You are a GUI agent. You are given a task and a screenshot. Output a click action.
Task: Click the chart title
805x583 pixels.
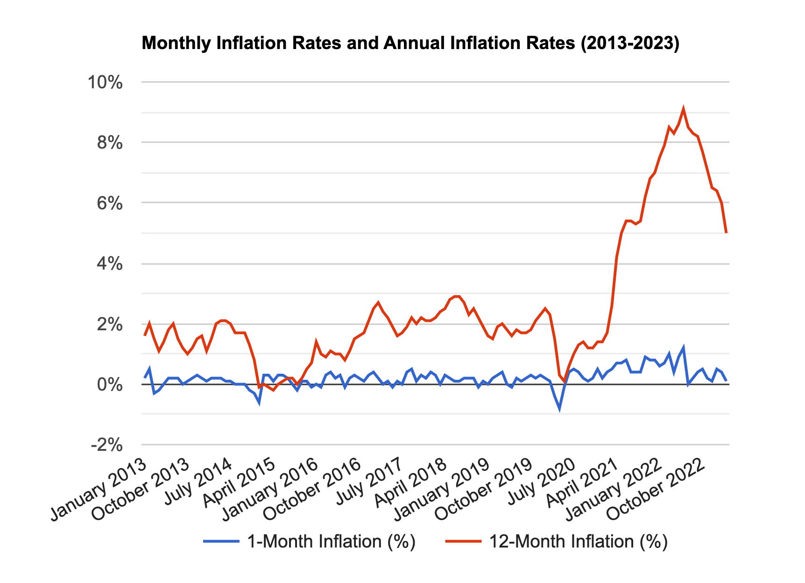click(x=410, y=43)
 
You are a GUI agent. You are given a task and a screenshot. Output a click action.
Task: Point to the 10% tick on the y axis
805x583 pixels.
click(x=106, y=83)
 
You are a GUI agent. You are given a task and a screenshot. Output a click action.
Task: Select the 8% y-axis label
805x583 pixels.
click(x=110, y=143)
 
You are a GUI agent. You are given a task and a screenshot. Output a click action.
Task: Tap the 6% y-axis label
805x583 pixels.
click(x=110, y=203)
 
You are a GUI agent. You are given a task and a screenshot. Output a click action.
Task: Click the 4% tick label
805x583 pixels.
click(x=110, y=264)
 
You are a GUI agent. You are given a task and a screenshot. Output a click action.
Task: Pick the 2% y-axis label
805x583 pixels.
click(x=110, y=324)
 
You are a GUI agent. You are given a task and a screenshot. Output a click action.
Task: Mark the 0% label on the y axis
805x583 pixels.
click(x=110, y=384)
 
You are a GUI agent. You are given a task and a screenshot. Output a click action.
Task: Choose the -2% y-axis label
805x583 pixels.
click(x=107, y=445)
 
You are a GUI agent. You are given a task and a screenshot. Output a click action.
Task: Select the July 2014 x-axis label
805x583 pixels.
click(x=198, y=481)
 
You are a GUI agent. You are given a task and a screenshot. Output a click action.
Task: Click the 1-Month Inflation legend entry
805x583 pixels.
click(x=309, y=542)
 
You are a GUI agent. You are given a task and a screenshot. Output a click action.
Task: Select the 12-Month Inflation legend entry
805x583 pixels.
click(x=556, y=542)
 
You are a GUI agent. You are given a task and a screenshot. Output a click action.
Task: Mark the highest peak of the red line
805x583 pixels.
click(x=684, y=109)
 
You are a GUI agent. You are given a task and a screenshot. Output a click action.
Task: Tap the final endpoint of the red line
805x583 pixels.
click(x=726, y=233)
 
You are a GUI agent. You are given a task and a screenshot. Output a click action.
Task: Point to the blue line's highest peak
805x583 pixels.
click(x=684, y=348)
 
